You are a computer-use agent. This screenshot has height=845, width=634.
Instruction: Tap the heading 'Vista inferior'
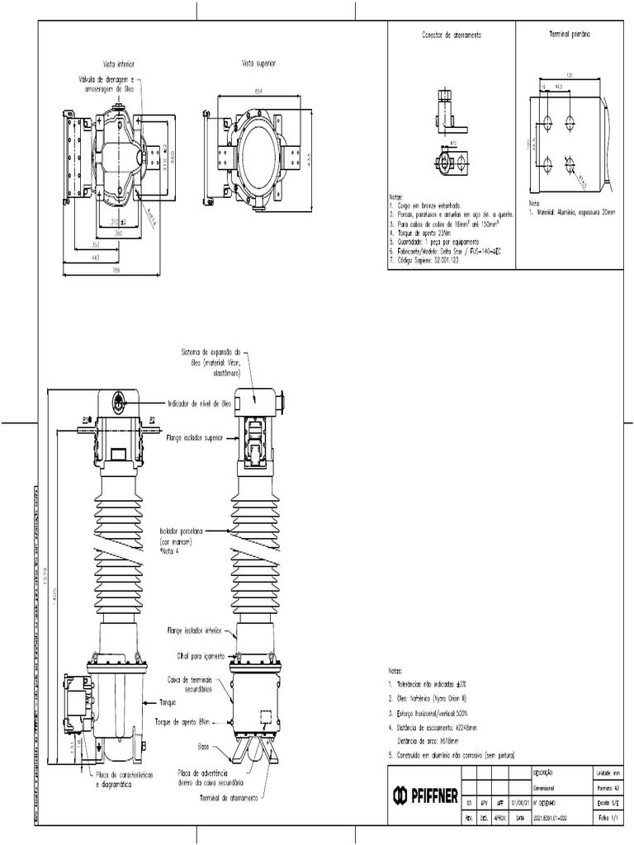tap(119, 64)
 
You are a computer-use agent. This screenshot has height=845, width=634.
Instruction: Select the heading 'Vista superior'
tap(258, 64)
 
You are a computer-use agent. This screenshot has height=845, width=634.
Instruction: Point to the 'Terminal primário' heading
tap(570, 37)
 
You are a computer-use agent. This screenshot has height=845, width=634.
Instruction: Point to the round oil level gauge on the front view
tap(119, 402)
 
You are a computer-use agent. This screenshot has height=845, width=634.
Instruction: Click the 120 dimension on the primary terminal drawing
tap(570, 76)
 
